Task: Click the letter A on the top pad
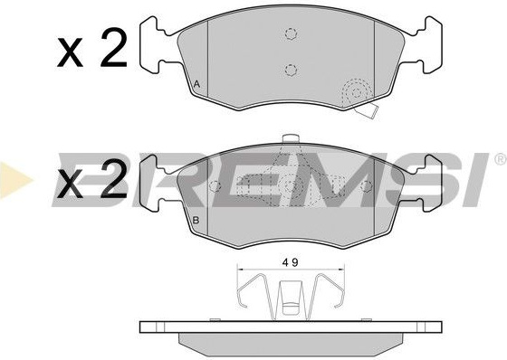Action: click(x=197, y=85)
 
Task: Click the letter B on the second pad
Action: click(x=196, y=221)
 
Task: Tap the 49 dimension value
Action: click(x=290, y=262)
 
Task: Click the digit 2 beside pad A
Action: click(x=113, y=48)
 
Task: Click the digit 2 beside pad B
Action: click(x=113, y=180)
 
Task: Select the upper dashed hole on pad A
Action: click(x=291, y=33)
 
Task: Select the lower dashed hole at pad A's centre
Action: click(x=291, y=70)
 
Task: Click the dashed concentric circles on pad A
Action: click(x=357, y=93)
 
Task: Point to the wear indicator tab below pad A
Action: click(x=367, y=112)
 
